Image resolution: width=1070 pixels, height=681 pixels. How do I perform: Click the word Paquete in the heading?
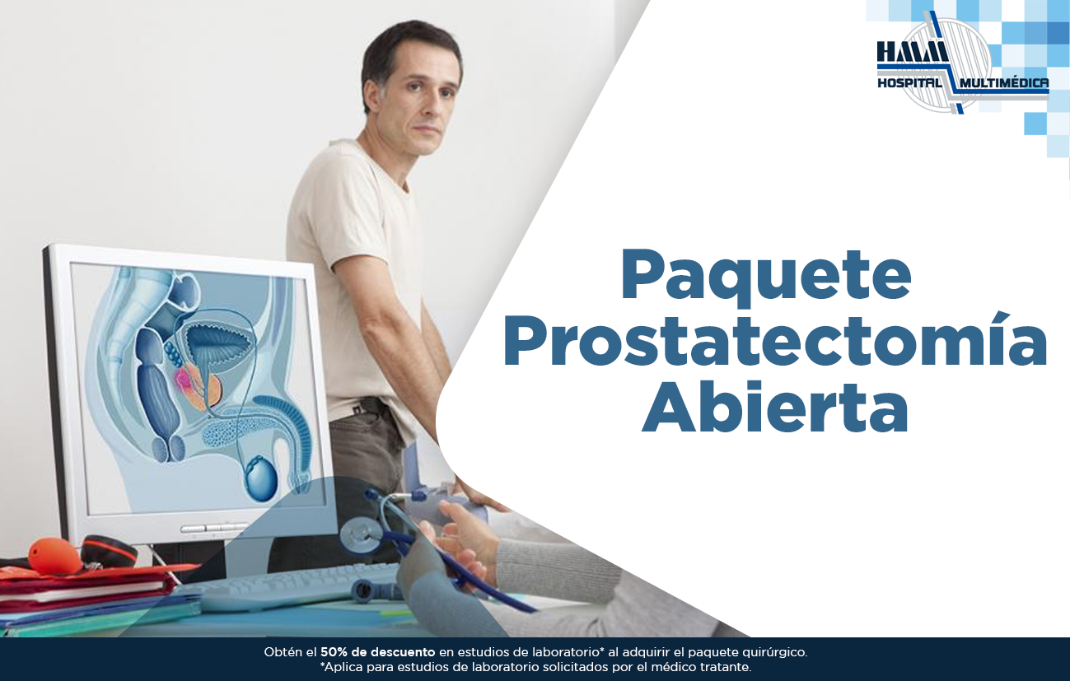click(x=766, y=278)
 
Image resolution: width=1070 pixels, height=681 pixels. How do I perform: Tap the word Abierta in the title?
click(x=775, y=406)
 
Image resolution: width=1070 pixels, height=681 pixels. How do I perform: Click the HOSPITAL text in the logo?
click(x=909, y=83)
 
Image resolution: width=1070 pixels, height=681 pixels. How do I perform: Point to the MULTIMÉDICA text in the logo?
click(x=1004, y=83)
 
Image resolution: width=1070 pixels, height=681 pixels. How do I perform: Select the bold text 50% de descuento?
click(x=378, y=652)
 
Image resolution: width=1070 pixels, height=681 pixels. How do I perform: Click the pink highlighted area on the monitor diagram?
click(x=184, y=379)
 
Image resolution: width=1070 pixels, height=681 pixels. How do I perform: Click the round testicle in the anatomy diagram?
click(x=261, y=479)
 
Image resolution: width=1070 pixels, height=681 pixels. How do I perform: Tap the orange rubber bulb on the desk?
click(x=54, y=557)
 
